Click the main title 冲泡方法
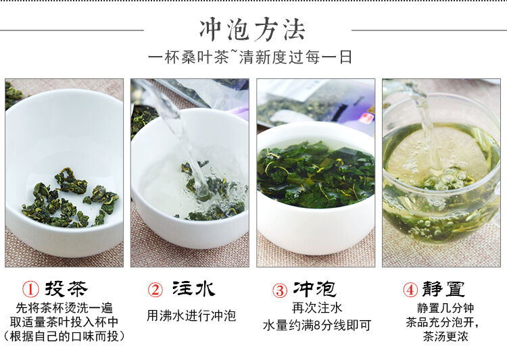coord(252,30)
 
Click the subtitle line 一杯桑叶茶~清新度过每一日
coord(250,57)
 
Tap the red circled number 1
coord(30,289)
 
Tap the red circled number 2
coord(155,290)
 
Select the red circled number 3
coord(280,290)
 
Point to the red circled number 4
coord(410,289)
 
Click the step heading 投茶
coord(66,288)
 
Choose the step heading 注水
coord(193,288)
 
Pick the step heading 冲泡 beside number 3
coord(314,289)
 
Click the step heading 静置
coord(443,289)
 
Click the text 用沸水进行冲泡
coord(191,315)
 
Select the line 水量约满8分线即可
coord(317,325)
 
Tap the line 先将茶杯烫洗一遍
coord(64,308)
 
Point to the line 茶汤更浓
coord(445,336)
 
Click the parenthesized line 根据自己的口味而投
coord(64,336)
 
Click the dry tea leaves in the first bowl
coord(70,199)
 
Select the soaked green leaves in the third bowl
coord(316,174)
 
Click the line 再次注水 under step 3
coord(317,307)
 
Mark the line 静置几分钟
coord(445,308)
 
